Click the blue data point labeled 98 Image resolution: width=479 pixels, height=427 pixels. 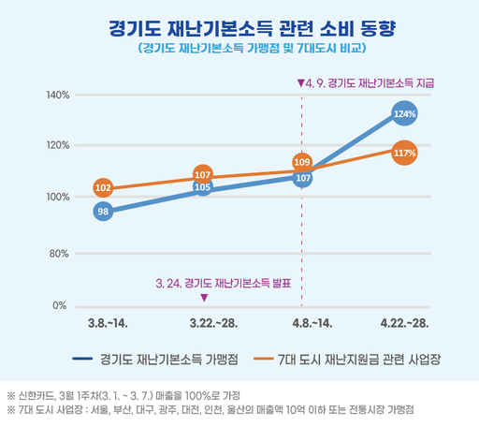coord(103,212)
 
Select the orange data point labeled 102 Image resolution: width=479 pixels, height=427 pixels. coord(103,187)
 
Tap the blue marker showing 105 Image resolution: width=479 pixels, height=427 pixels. coord(203,187)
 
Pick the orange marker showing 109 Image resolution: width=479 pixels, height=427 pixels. coord(302,162)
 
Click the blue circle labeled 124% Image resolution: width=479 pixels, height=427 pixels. coord(404,113)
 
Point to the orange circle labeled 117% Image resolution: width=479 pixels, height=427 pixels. coord(404,153)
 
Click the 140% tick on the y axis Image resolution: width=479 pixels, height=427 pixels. coord(58,95)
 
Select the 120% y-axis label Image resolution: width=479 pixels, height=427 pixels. coord(58,145)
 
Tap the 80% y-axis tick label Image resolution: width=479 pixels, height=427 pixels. coord(59,254)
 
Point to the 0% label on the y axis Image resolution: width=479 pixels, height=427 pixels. coord(60,305)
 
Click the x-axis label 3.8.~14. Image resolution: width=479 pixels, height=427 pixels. coord(108,323)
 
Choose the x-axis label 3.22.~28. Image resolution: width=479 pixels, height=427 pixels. coord(213,323)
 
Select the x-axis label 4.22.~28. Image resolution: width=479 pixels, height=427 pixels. coord(404,323)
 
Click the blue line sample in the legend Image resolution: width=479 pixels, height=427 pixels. coord(82,359)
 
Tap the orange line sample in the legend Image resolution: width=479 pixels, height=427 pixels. coord(264,359)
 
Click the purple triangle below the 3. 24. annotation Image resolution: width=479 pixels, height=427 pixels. coord(204,298)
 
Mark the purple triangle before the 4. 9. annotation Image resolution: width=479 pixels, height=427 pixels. coord(301,83)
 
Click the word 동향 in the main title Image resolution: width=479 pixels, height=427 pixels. coord(378,29)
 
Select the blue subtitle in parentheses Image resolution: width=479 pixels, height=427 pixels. coord(252,49)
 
